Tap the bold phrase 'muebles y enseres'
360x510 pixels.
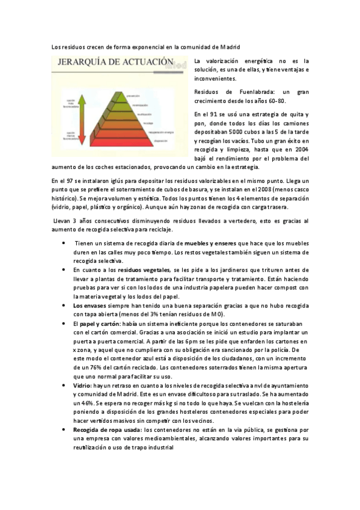point(212,243)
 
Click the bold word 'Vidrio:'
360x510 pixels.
point(82,384)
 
